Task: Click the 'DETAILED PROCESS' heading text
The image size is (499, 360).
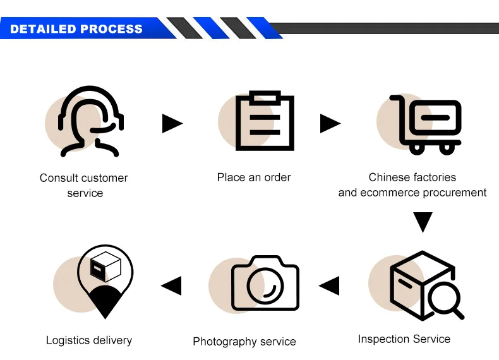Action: (76, 29)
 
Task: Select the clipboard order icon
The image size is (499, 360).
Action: (265, 121)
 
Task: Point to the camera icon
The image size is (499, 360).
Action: (265, 284)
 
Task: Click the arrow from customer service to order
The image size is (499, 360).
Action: (172, 123)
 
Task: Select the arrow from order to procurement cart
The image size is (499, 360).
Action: (330, 123)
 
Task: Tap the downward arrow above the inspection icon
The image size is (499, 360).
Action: (423, 222)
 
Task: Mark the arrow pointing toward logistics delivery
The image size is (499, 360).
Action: (171, 286)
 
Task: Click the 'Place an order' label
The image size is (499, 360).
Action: (254, 177)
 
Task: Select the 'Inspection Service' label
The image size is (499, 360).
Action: (404, 339)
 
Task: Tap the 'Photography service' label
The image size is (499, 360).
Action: (244, 342)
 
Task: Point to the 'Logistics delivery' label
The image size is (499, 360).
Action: (89, 340)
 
